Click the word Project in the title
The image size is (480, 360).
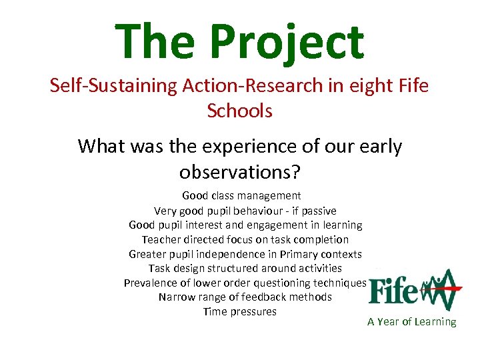pyautogui.click(x=287, y=41)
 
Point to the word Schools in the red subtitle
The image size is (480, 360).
pyautogui.click(x=240, y=111)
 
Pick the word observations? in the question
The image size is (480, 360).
pyautogui.click(x=240, y=172)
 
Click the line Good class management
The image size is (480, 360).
pyautogui.click(x=241, y=196)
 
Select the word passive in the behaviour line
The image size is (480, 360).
pyautogui.click(x=317, y=210)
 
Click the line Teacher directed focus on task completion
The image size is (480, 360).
pyautogui.click(x=245, y=239)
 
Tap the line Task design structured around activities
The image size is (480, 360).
pyautogui.click(x=245, y=269)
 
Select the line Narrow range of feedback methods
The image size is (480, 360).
pyautogui.click(x=245, y=297)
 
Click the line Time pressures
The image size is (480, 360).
pyautogui.click(x=239, y=312)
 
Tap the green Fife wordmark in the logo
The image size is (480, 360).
pyautogui.click(x=393, y=291)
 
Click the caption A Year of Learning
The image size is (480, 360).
pyautogui.click(x=411, y=322)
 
